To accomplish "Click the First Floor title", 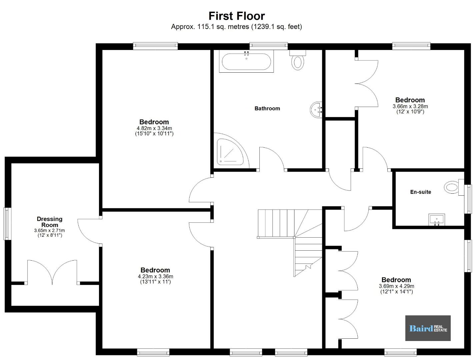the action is [237, 16].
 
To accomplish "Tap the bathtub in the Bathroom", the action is [246, 61].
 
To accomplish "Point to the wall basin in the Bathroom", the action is [316, 110].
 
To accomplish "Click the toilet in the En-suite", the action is [454, 187].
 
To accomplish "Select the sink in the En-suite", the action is [437, 220].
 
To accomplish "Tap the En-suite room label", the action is [420, 192].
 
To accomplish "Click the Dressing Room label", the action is [50, 222].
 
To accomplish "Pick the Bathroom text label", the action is [267, 108].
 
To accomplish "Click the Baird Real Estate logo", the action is [428, 328].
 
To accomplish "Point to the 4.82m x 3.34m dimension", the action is [154, 128].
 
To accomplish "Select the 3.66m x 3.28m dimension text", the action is [410, 106].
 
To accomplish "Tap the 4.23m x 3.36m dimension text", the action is [155, 276].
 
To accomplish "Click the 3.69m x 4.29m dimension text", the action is [396, 286].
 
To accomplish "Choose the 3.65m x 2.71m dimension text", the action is [49, 230].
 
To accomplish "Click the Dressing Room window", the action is [7, 224].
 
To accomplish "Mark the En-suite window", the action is [468, 199].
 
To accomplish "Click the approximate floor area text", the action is [237, 27].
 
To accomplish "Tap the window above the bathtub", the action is [268, 46].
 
